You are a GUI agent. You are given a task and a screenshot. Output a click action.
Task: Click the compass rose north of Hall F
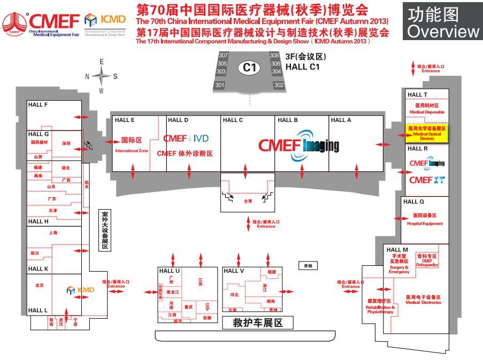pyautogui.click(x=101, y=76)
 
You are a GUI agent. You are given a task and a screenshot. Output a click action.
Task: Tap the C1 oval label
pyautogui.click(x=250, y=67)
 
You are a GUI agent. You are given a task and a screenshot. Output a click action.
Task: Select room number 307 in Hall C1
pyautogui.click(x=223, y=56)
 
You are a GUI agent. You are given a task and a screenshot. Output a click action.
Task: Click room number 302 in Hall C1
pyautogui.click(x=278, y=85)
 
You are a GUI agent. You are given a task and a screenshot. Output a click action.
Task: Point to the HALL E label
pyautogui.click(x=125, y=120)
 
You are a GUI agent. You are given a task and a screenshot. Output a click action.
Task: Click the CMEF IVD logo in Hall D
pyautogui.click(x=186, y=138)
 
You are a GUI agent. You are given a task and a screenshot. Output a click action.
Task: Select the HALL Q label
pyautogui.click(x=413, y=202)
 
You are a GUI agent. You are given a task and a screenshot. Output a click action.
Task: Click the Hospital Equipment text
pyautogui.click(x=425, y=224)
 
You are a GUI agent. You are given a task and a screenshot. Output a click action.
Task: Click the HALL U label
pyautogui.click(x=170, y=271)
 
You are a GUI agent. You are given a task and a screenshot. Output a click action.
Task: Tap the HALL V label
pyautogui.click(x=234, y=271)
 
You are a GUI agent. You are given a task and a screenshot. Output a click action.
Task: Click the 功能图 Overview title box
pyautogui.click(x=443, y=22)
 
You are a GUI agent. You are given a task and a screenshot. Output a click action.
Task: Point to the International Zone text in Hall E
pyautogui.click(x=131, y=151)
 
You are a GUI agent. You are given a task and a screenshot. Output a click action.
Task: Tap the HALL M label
pyautogui.click(x=397, y=250)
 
